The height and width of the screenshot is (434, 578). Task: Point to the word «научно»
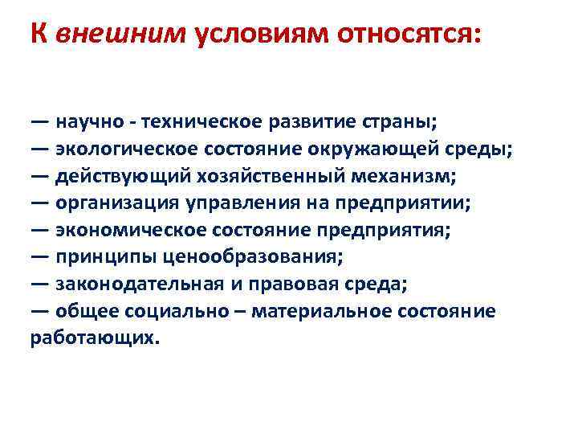pyautogui.click(x=90, y=123)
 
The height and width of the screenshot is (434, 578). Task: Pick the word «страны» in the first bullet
pyautogui.click(x=398, y=123)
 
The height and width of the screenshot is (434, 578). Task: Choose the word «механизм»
pyautogui.click(x=386, y=176)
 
